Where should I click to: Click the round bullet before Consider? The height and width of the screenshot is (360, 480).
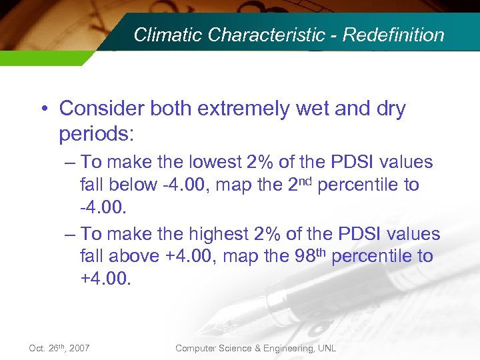tap(45, 109)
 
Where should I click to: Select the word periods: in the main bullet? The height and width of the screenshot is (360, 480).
tap(97, 134)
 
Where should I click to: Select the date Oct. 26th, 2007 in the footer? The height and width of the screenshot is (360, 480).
tap(59, 348)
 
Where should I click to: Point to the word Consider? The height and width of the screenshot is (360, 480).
tap(99, 109)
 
